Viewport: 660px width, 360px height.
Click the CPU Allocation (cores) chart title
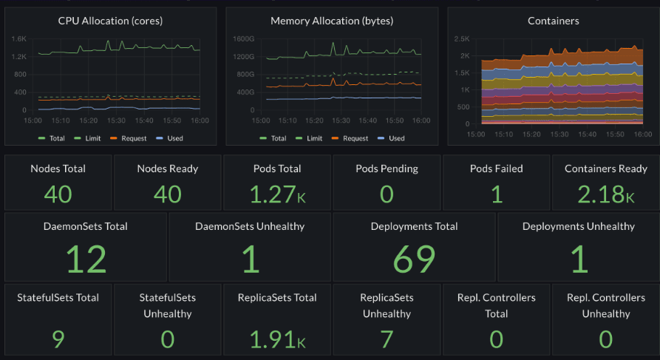[x=110, y=21]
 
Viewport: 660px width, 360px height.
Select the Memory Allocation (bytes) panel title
[x=332, y=21]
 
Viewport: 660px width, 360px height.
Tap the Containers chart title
[x=553, y=21]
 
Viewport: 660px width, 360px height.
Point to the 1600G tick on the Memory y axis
[x=242, y=38]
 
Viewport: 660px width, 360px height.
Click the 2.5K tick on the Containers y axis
[x=462, y=38]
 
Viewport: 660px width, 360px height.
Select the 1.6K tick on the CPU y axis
[x=18, y=38]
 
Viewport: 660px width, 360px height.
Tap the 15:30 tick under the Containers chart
[x=559, y=135]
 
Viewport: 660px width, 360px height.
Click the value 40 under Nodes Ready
[x=168, y=194]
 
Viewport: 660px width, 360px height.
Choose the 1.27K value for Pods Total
[x=277, y=194]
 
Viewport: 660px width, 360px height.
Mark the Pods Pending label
[x=387, y=169]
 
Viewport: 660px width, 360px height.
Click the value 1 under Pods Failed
[x=496, y=194]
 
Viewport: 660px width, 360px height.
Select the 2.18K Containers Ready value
[x=605, y=194]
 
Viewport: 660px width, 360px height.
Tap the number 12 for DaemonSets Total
[x=86, y=259]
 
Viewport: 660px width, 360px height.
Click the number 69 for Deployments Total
[x=414, y=259]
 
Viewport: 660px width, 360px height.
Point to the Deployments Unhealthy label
[x=578, y=226]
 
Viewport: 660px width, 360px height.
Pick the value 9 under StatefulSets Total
[x=58, y=339]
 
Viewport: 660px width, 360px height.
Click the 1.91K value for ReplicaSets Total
[x=277, y=339]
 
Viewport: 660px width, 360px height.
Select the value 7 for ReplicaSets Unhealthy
[x=387, y=339]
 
